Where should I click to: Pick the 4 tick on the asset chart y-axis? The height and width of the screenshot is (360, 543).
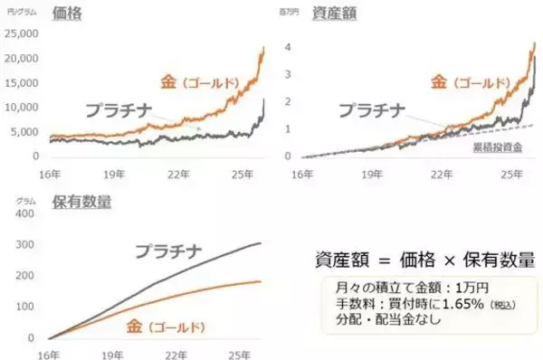288,47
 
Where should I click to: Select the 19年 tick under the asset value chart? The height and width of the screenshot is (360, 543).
372,172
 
